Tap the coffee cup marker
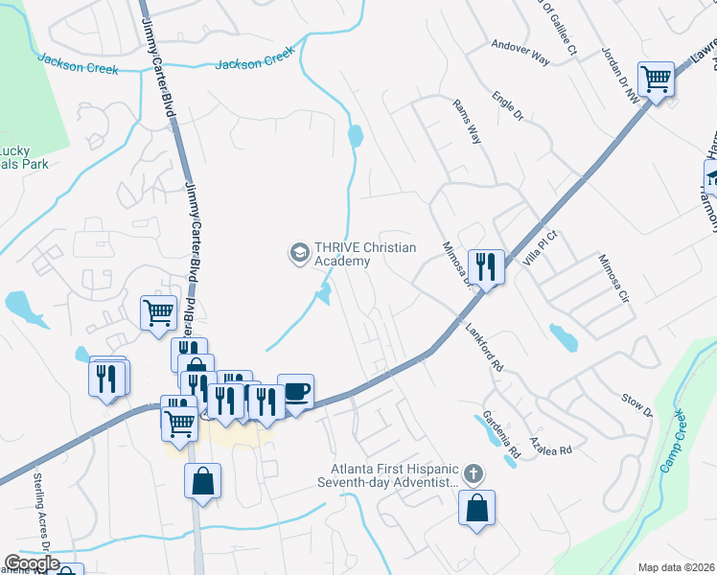tap(295, 391)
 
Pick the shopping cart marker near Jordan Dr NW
tap(657, 79)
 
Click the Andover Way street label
tap(520, 52)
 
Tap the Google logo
tap(32, 563)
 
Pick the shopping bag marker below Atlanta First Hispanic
tap(476, 509)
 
